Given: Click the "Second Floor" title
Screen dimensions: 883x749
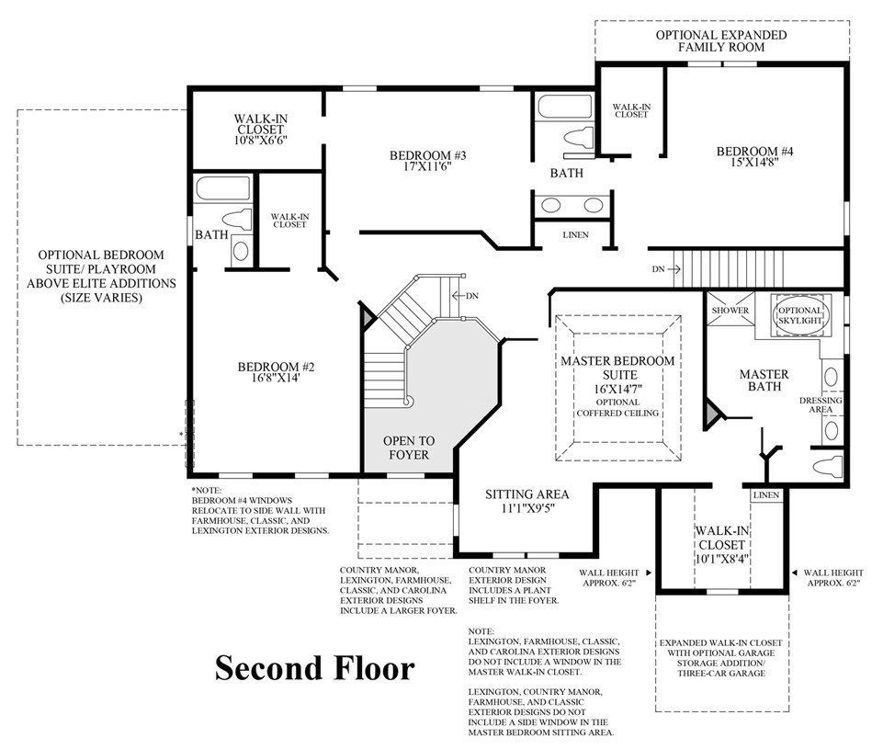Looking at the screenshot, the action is click(315, 668).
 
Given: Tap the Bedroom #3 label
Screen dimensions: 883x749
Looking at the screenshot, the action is click(428, 155).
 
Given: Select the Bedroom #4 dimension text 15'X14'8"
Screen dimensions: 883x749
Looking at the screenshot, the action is click(754, 162).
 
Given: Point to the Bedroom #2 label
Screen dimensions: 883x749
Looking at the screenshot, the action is click(276, 367).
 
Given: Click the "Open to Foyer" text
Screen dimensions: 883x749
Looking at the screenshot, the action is click(409, 448).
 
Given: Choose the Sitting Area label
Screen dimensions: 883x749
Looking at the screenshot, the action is click(527, 494).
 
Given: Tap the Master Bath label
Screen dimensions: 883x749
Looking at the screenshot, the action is click(764, 380).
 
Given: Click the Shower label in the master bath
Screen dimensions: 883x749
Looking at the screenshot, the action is click(730, 311).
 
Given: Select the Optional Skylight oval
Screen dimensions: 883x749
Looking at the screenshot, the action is click(800, 315).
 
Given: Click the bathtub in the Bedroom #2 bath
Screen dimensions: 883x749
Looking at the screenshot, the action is click(223, 188).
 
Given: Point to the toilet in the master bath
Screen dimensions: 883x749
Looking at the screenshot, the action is click(827, 466).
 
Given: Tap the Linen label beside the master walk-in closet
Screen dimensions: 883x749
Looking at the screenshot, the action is click(766, 495).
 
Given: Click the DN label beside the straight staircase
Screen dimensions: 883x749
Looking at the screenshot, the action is click(658, 269).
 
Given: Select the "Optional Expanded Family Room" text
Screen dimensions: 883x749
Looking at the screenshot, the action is click(721, 41).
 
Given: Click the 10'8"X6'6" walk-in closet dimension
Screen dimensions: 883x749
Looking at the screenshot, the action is click(261, 140).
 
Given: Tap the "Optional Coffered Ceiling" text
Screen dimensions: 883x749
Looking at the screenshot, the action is click(617, 408).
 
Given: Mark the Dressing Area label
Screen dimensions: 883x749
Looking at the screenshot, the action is click(821, 405).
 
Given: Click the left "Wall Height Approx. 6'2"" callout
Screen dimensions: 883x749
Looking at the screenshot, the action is click(609, 578).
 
